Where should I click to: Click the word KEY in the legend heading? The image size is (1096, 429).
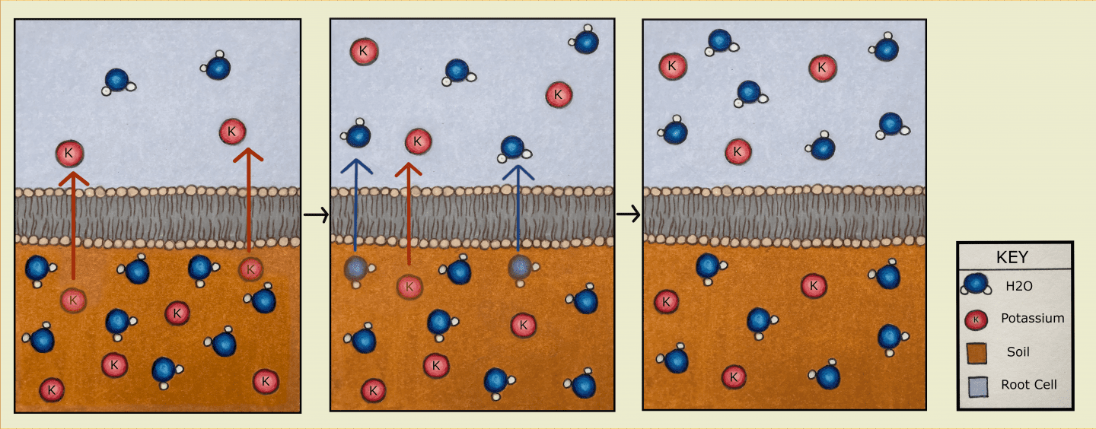1015,257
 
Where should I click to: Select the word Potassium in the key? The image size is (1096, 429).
1032,318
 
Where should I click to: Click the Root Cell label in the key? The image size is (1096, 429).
1029,384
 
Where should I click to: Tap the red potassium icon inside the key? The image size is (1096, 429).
975,319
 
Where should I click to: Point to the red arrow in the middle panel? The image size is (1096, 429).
408,217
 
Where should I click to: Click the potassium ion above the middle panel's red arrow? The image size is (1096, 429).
418,141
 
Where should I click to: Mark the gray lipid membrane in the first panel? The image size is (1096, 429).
158,217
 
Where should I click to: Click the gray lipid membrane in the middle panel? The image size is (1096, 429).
472,217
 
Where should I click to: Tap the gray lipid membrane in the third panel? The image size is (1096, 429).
784,217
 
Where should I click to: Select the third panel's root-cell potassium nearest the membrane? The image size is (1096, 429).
737,151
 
